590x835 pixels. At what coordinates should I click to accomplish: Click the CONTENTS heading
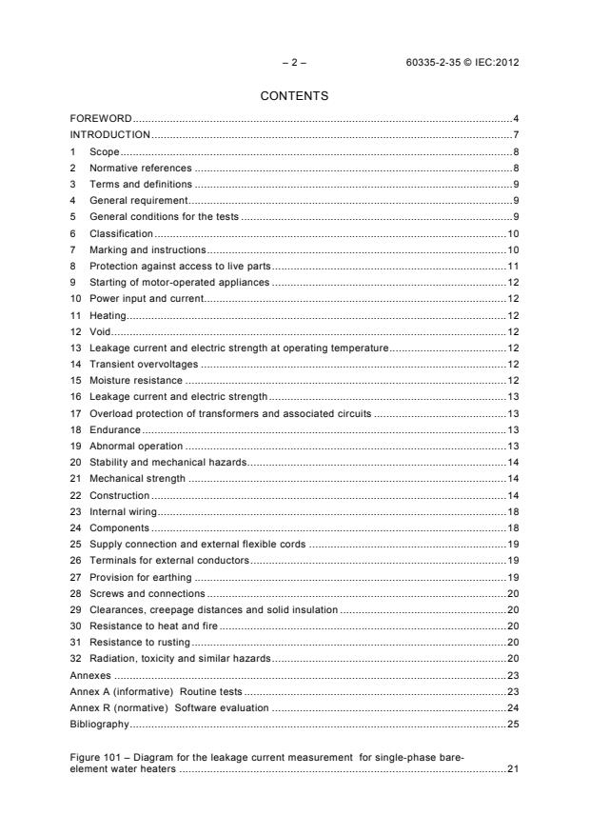click(294, 95)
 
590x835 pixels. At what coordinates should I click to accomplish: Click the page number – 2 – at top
click(294, 63)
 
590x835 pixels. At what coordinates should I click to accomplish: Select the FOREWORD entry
click(101, 118)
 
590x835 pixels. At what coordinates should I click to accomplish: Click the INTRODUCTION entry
click(110, 135)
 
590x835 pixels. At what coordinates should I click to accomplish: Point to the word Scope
click(104, 151)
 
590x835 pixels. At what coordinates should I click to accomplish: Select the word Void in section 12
click(100, 332)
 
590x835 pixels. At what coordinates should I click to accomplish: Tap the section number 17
click(75, 414)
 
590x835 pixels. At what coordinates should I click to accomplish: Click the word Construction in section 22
click(119, 496)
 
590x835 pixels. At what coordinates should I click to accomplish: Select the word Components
click(119, 528)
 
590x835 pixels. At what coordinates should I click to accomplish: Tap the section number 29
click(75, 609)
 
